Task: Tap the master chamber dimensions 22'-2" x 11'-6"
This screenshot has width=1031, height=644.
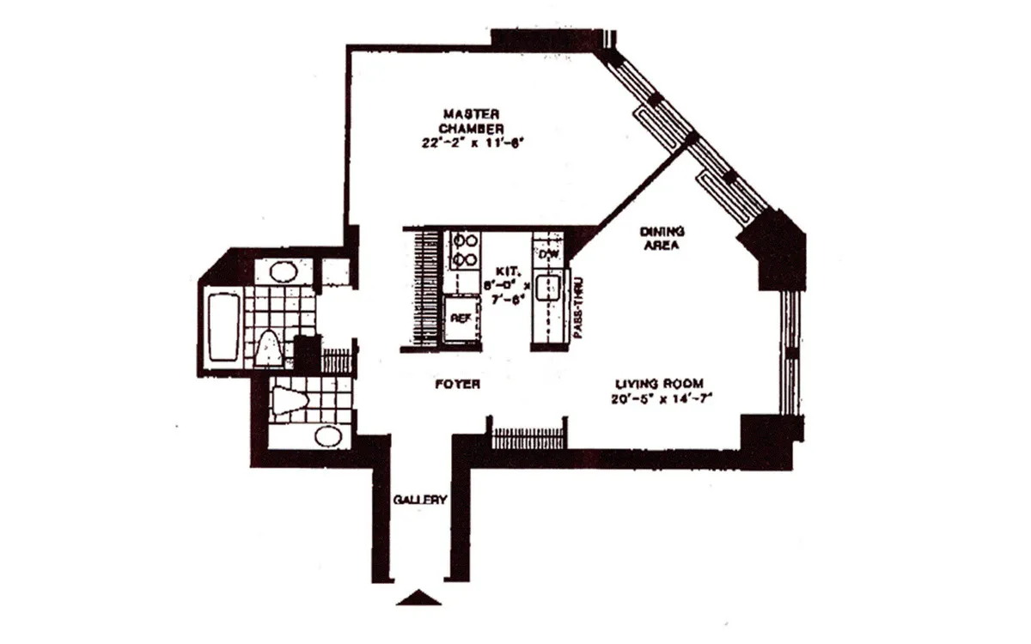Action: pyautogui.click(x=472, y=143)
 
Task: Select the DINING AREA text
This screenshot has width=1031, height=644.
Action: pyautogui.click(x=661, y=238)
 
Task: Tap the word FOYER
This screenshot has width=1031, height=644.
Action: pyautogui.click(x=457, y=385)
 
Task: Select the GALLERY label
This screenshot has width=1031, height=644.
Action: pyautogui.click(x=419, y=501)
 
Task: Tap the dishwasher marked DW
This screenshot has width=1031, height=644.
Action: pyautogui.click(x=547, y=253)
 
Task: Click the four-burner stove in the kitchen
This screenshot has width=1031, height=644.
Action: pyautogui.click(x=465, y=250)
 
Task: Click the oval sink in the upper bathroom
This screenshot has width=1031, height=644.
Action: pyautogui.click(x=281, y=273)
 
